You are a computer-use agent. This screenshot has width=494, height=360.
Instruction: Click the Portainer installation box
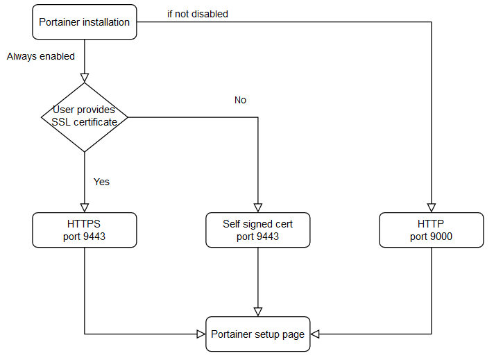(84, 22)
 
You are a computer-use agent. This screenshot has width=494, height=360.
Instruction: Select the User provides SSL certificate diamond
(84, 117)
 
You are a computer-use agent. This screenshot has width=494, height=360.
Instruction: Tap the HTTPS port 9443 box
(84, 230)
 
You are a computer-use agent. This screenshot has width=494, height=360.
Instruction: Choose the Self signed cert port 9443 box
(257, 230)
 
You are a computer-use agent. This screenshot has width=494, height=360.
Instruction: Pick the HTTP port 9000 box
(432, 230)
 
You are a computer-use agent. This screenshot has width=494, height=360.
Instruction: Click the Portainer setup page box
(257, 334)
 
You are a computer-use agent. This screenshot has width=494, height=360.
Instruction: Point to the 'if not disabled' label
(198, 14)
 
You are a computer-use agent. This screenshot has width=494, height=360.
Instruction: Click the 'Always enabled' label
(41, 57)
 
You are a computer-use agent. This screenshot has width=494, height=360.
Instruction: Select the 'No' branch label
(240, 100)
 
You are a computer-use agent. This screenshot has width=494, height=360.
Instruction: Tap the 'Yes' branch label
(101, 182)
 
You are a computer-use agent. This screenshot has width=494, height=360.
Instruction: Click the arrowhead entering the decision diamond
(84, 78)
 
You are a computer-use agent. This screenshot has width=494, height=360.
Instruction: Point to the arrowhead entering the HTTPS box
(84, 207)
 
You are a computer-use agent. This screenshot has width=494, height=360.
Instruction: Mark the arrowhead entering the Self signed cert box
(257, 207)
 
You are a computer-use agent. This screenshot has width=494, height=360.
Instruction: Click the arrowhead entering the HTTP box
(432, 207)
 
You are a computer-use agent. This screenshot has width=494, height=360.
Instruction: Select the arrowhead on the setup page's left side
(201, 334)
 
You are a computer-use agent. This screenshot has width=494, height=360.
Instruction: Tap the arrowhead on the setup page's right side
(315, 334)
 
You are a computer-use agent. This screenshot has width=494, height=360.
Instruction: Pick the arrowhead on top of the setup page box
(257, 311)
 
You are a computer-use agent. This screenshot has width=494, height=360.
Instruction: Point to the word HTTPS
(84, 224)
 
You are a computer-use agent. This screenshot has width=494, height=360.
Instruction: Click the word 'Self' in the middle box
(232, 224)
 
